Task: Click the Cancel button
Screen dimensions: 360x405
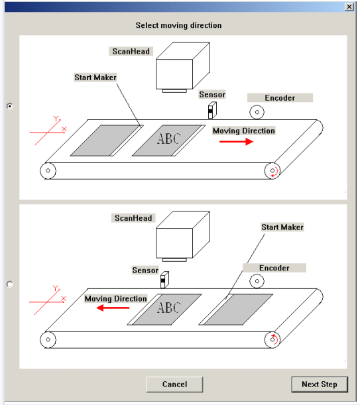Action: [174, 384]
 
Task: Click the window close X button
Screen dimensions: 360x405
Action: [349, 7]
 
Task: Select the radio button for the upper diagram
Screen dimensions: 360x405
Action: [9, 106]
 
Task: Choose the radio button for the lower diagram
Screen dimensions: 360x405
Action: [9, 284]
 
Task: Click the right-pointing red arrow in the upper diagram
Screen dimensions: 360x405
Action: [236, 142]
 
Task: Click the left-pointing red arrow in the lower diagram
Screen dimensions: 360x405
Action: [113, 308]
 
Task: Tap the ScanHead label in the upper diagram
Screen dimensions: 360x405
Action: [131, 52]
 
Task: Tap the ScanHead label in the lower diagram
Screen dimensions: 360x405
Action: [133, 218]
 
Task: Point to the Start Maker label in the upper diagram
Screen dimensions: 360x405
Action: [95, 78]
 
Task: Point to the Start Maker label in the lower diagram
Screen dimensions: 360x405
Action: [282, 227]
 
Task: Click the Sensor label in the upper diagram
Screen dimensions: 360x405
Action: [212, 95]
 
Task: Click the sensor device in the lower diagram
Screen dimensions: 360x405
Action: [164, 280]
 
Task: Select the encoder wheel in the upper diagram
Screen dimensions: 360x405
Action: [257, 112]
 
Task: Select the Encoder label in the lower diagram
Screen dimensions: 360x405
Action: [274, 268]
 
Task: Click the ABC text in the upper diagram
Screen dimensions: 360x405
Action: [169, 139]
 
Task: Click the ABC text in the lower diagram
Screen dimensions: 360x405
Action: [169, 308]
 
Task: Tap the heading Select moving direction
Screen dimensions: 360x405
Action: [178, 25]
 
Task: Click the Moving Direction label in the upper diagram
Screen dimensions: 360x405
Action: [244, 131]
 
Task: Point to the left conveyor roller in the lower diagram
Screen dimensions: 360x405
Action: [48, 339]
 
